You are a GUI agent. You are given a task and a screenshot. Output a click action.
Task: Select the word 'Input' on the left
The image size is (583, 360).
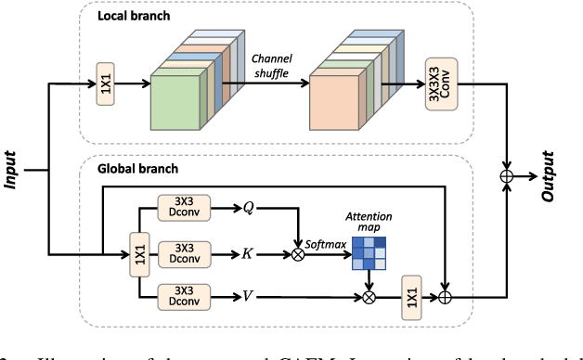[12, 170]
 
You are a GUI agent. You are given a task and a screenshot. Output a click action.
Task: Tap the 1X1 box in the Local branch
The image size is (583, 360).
[105, 84]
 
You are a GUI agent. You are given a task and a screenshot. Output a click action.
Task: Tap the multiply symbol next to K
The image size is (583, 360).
[299, 251]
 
